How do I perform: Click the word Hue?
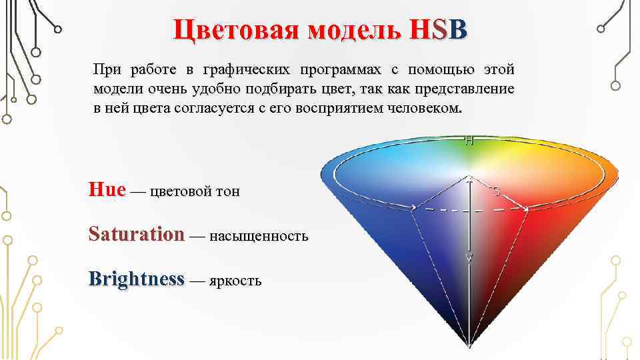pyautogui.click(x=107, y=190)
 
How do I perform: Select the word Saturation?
pyautogui.click(x=137, y=234)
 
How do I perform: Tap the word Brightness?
pyautogui.click(x=136, y=279)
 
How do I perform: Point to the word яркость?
pyautogui.click(x=235, y=281)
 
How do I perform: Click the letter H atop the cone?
pyautogui.click(x=469, y=141)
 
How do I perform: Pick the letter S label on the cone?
pyautogui.click(x=497, y=192)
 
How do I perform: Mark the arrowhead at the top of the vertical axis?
pyautogui.click(x=470, y=180)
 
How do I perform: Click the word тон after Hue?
pyautogui.click(x=228, y=192)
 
